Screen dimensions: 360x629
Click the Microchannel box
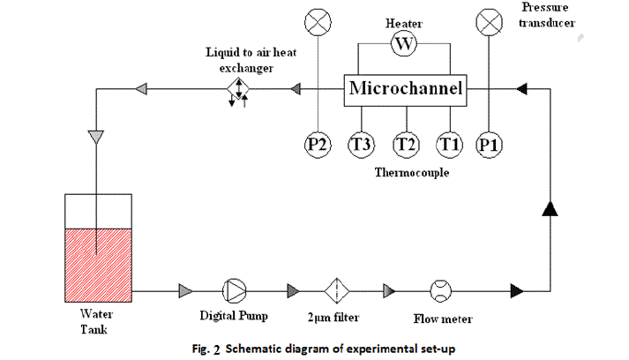coord(405,88)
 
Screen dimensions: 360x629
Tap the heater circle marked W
coord(404,43)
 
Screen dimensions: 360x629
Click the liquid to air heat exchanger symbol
coord(239,89)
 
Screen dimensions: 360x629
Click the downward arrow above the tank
coord(97,137)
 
